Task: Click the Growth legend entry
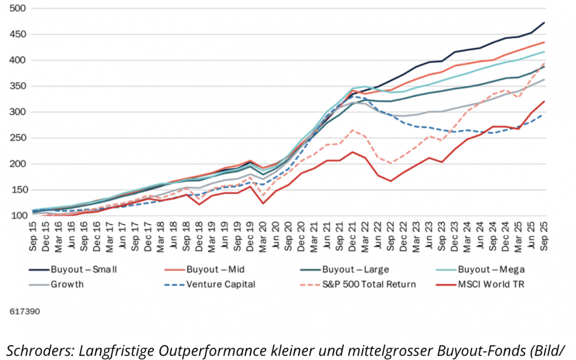point(67,284)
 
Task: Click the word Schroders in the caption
point(41,350)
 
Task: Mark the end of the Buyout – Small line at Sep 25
point(543,22)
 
